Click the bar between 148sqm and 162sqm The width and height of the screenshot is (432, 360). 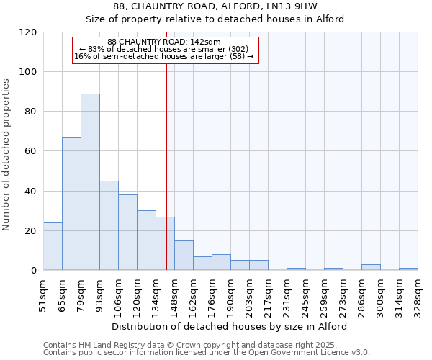click(x=184, y=256)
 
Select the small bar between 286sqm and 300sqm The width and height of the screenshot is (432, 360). click(x=371, y=267)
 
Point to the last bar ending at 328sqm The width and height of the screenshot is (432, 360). click(x=408, y=269)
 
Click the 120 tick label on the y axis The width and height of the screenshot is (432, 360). click(x=28, y=32)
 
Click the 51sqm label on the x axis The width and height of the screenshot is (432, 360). click(x=43, y=296)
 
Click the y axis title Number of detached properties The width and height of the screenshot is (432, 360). click(x=7, y=155)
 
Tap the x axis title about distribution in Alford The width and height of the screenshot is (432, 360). click(x=230, y=326)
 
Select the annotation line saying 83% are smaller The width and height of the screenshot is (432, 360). click(x=164, y=49)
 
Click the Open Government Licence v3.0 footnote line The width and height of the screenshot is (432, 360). click(x=206, y=353)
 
